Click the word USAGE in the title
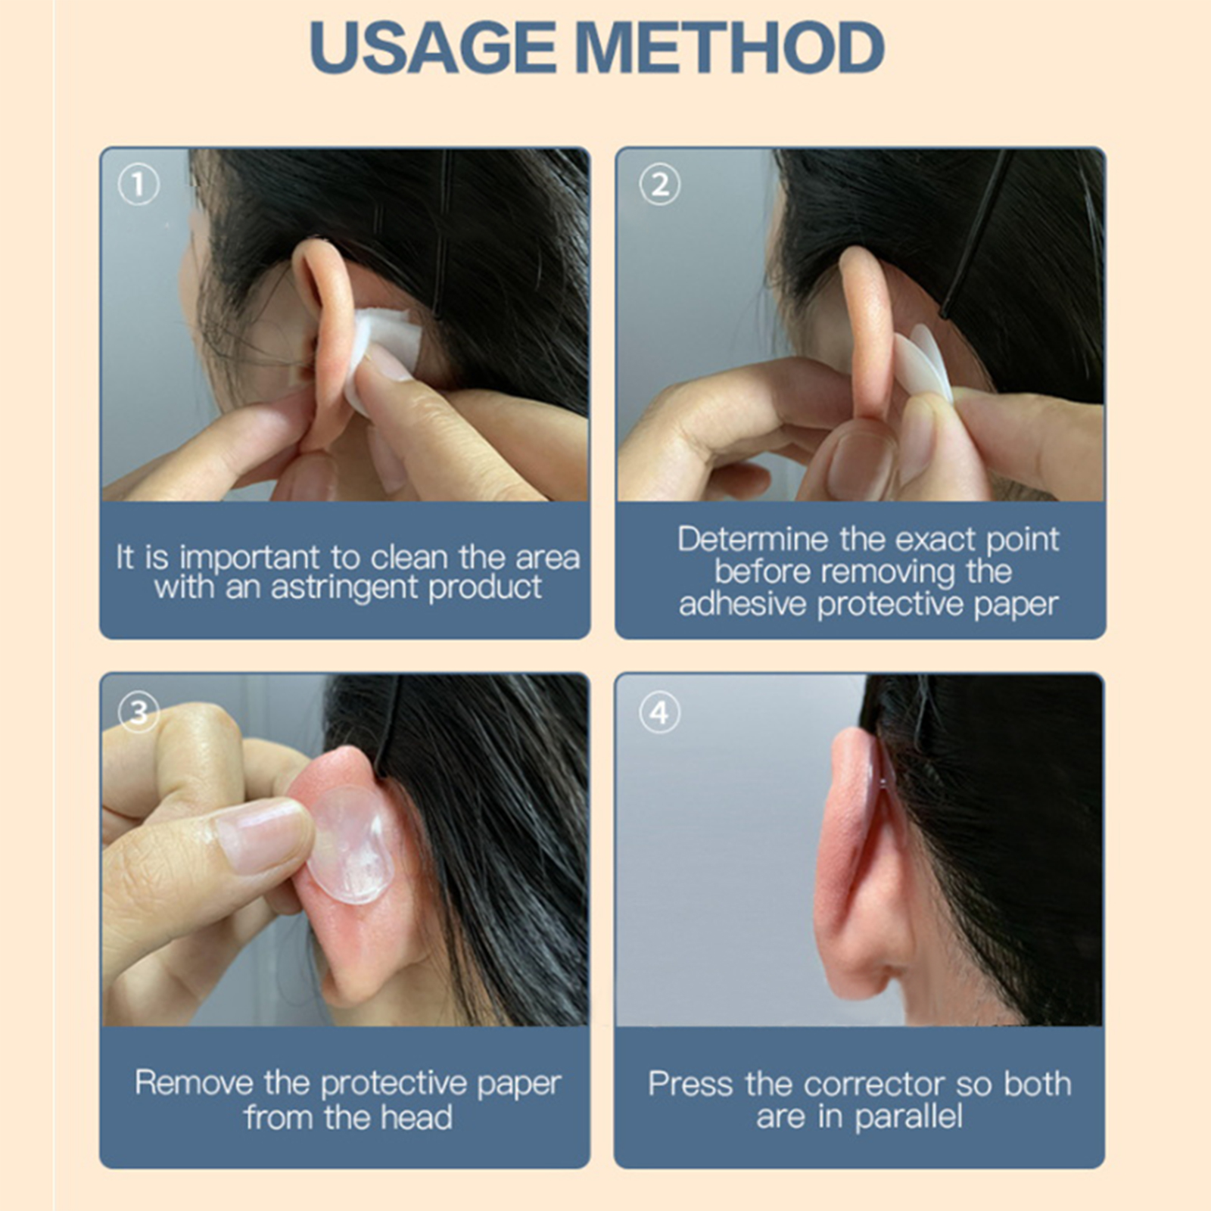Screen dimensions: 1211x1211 (433, 47)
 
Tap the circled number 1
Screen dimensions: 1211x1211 (139, 184)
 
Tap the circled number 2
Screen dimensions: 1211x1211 (659, 184)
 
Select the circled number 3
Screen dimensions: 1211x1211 (139, 711)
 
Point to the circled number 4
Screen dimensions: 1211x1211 (659, 712)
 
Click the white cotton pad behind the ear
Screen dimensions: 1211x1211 (378, 356)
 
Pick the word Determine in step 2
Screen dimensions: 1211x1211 (753, 540)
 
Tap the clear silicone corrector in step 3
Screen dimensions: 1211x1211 (352, 844)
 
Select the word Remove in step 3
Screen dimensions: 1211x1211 (194, 1083)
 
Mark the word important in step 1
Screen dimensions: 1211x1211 (250, 559)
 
